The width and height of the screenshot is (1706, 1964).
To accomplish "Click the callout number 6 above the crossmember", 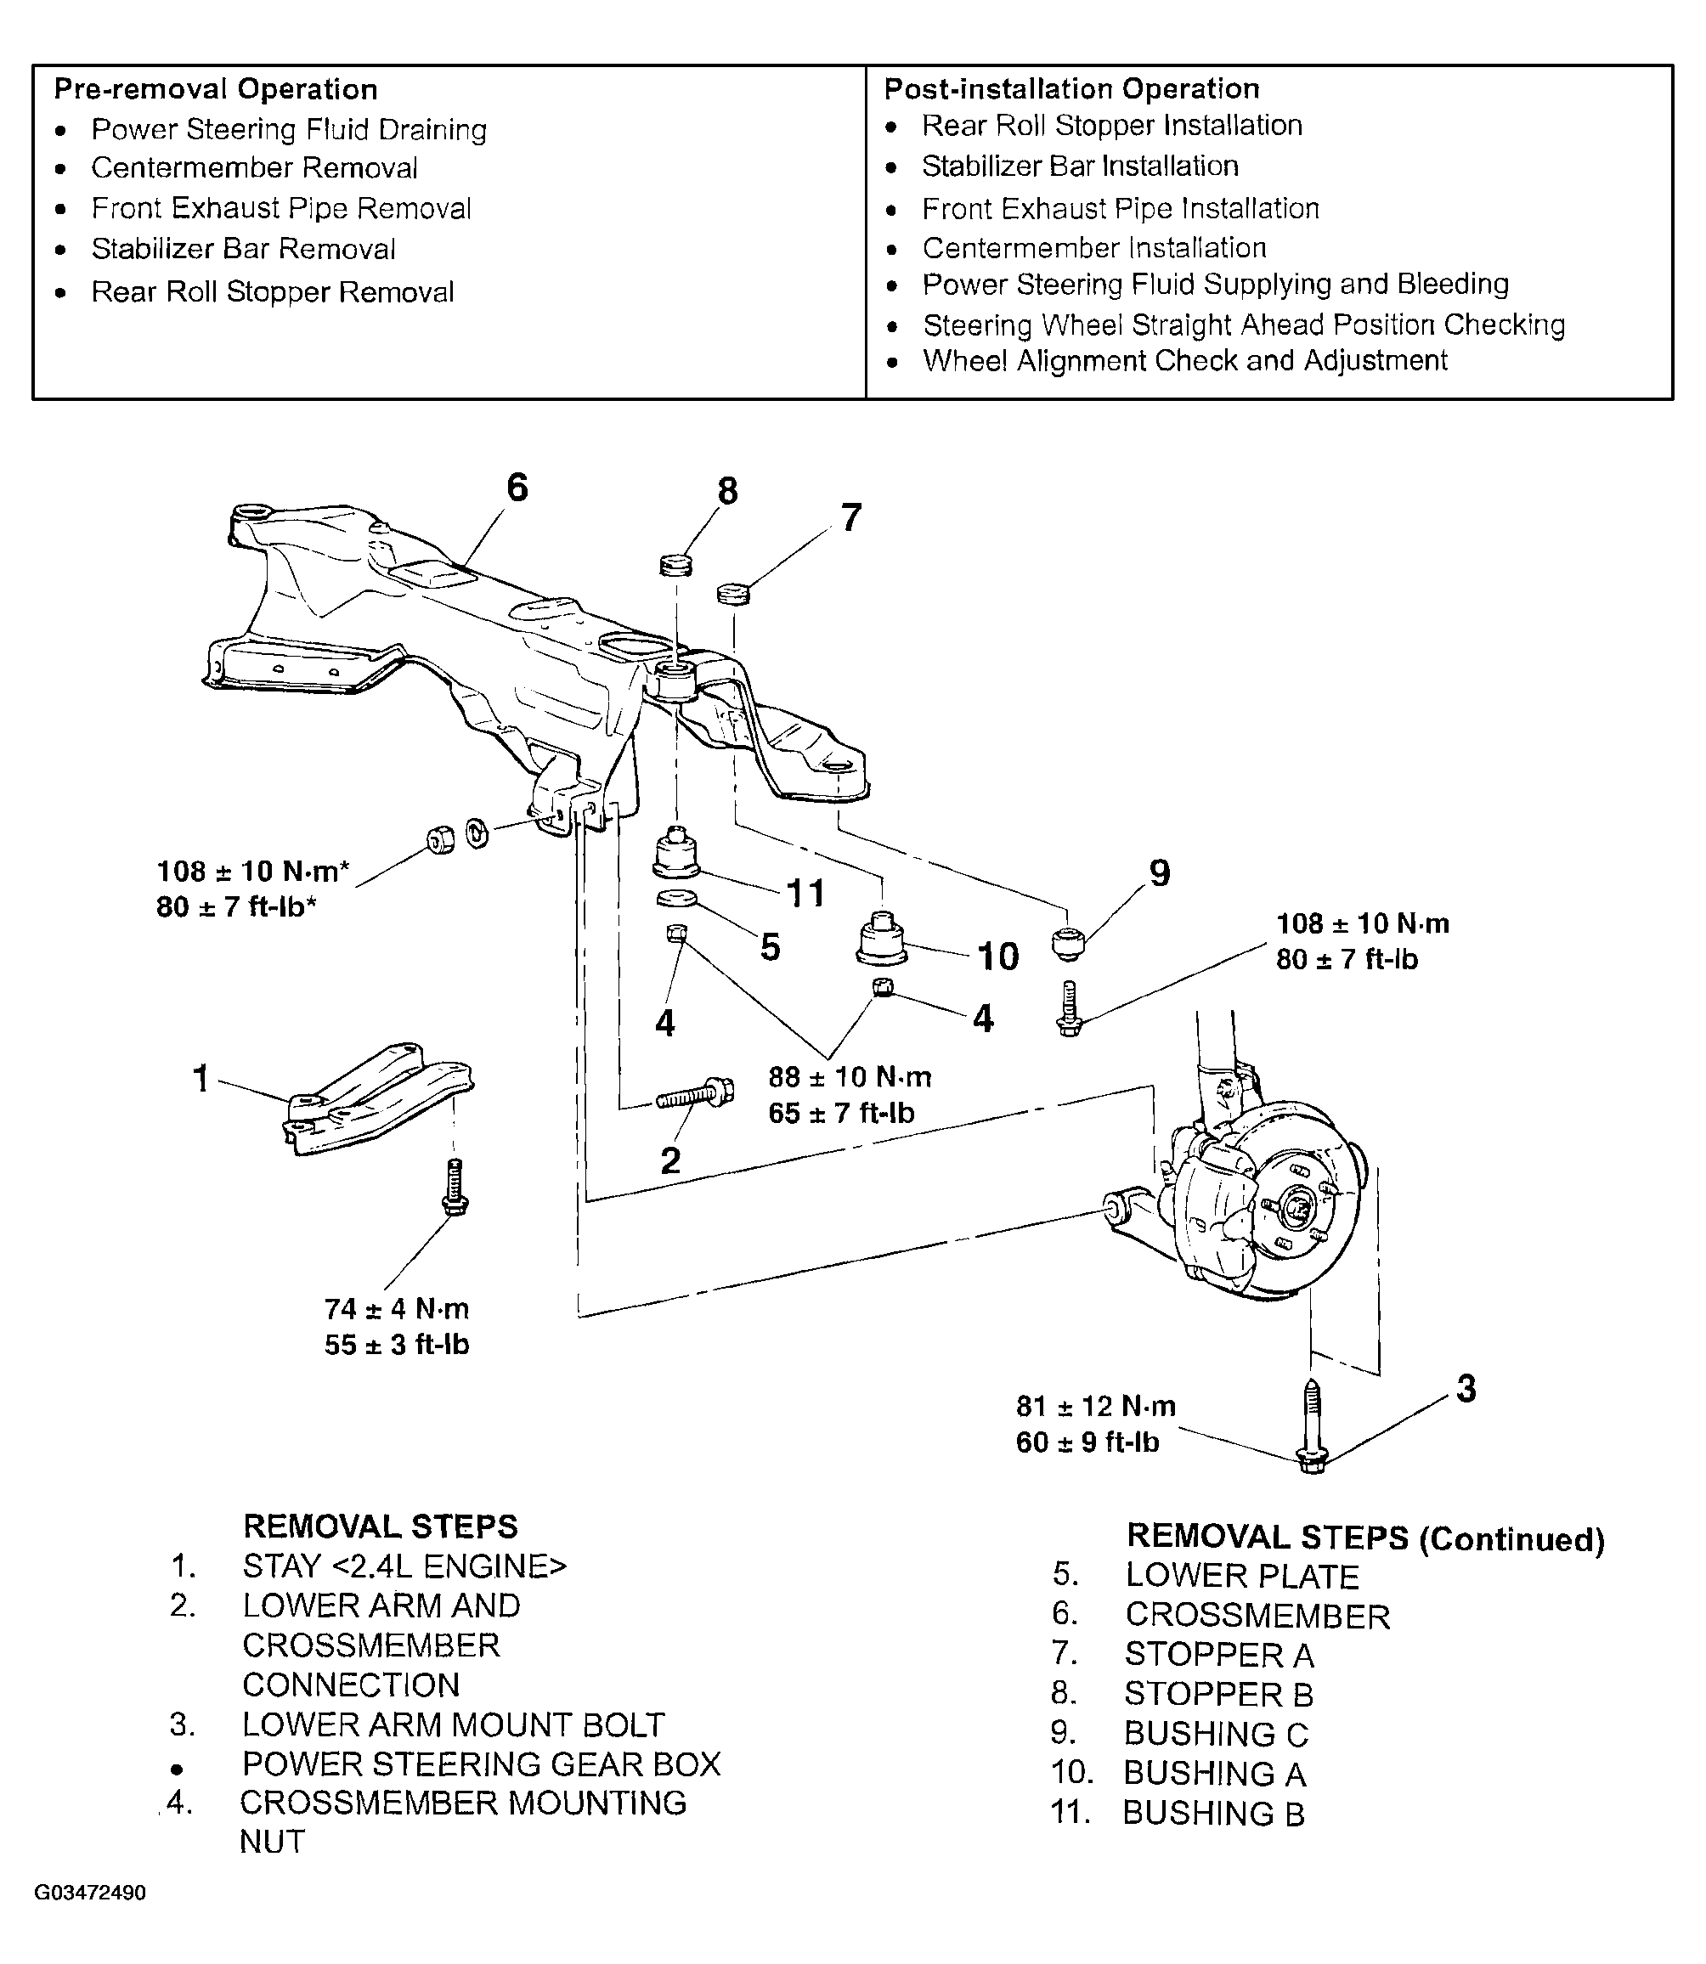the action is (517, 488).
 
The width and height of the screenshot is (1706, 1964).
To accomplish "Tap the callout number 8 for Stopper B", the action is (727, 491).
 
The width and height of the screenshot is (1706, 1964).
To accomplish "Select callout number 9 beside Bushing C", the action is (1160, 873).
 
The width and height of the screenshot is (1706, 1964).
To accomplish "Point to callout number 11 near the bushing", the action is (805, 893).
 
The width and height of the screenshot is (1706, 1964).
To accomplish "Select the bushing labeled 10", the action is (882, 940).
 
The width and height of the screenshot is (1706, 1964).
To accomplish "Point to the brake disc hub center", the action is (1297, 1209).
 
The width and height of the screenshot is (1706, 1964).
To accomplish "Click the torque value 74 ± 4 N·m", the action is (397, 1309).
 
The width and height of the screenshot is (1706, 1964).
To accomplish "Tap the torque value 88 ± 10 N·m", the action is (850, 1077).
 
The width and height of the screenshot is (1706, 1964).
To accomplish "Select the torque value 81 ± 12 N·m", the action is (1096, 1406).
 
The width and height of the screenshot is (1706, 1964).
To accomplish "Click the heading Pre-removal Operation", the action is (216, 89).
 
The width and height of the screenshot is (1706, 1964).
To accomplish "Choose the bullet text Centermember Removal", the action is (254, 168).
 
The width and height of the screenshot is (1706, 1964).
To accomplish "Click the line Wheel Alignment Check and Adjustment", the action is (1185, 361).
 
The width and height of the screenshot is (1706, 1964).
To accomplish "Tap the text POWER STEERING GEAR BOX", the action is (482, 1764).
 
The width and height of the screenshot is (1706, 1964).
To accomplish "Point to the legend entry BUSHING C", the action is (1217, 1734).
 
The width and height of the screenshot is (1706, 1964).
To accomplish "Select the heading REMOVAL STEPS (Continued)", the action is (1366, 1538).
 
